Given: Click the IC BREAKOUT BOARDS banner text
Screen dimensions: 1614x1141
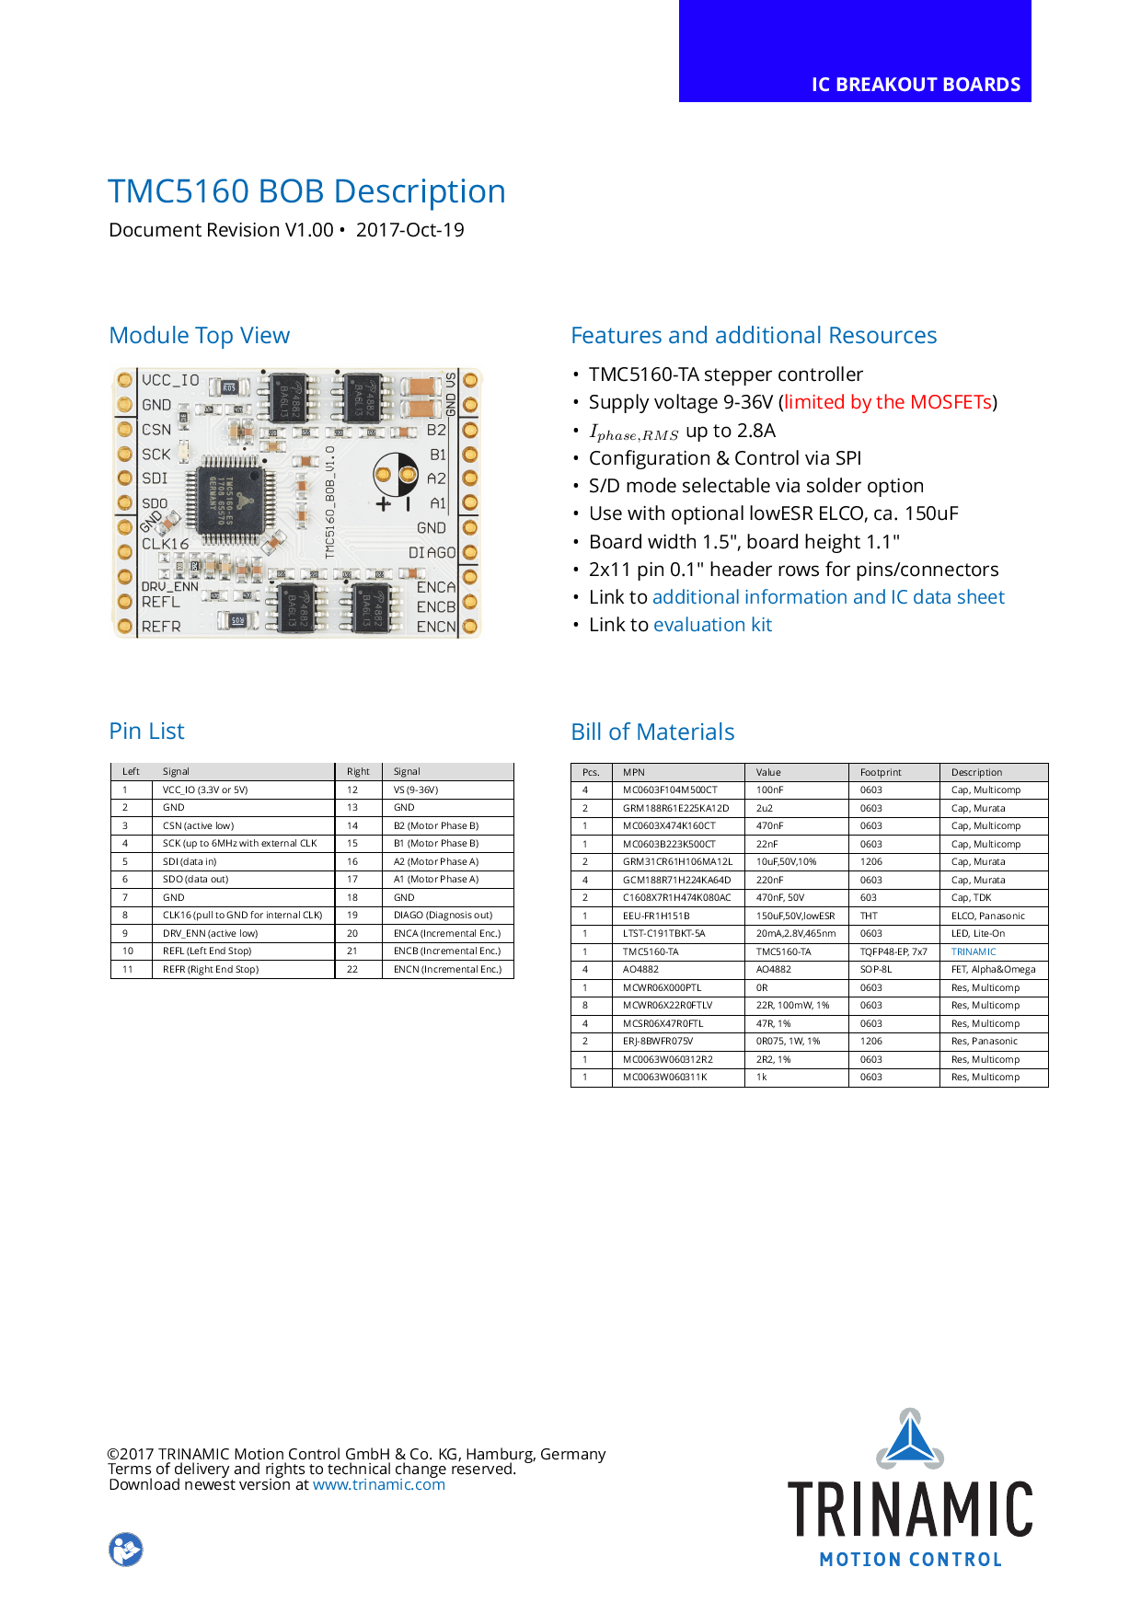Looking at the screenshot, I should [x=916, y=85].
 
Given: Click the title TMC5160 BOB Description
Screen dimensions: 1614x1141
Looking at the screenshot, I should [x=306, y=191].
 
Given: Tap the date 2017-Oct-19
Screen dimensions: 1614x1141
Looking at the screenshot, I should [x=409, y=230].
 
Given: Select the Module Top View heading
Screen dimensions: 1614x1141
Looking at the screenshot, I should [x=199, y=335].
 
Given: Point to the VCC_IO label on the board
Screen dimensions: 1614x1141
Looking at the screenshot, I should [x=170, y=380].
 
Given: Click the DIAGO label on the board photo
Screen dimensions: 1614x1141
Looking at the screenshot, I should [x=432, y=552].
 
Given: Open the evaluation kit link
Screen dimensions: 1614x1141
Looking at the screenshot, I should [x=712, y=625].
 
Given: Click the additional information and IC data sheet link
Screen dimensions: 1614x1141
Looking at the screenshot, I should [x=828, y=597].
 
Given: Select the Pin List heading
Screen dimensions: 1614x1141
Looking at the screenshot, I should [x=146, y=732].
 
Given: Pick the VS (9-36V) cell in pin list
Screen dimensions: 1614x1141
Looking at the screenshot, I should [x=416, y=790].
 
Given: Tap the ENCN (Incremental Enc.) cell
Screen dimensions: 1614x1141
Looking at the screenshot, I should [x=447, y=969].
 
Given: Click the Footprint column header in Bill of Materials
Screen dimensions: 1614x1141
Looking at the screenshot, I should [x=881, y=772].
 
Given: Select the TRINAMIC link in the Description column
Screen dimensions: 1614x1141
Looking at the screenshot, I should [x=974, y=951].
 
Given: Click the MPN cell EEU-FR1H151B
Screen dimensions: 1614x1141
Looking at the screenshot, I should [x=656, y=916].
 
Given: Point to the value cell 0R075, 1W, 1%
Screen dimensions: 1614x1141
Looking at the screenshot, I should [x=788, y=1041].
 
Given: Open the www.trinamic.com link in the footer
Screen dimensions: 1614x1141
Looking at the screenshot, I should [x=379, y=1484].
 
